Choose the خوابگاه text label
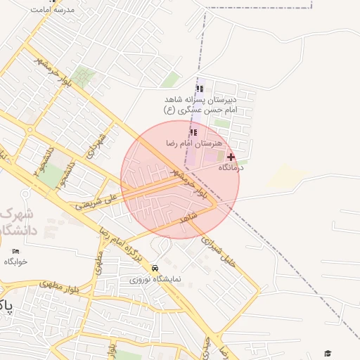pos(15,262)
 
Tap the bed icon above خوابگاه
pos(16,251)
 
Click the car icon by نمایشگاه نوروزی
pos(155,268)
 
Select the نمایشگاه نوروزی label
pos(157,278)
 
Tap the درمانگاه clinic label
pos(231,167)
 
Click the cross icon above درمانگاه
pos(231,157)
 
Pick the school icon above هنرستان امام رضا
pos(193,132)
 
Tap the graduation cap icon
pos(327,352)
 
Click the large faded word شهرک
pos(10,213)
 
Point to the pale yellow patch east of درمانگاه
pos(285,176)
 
